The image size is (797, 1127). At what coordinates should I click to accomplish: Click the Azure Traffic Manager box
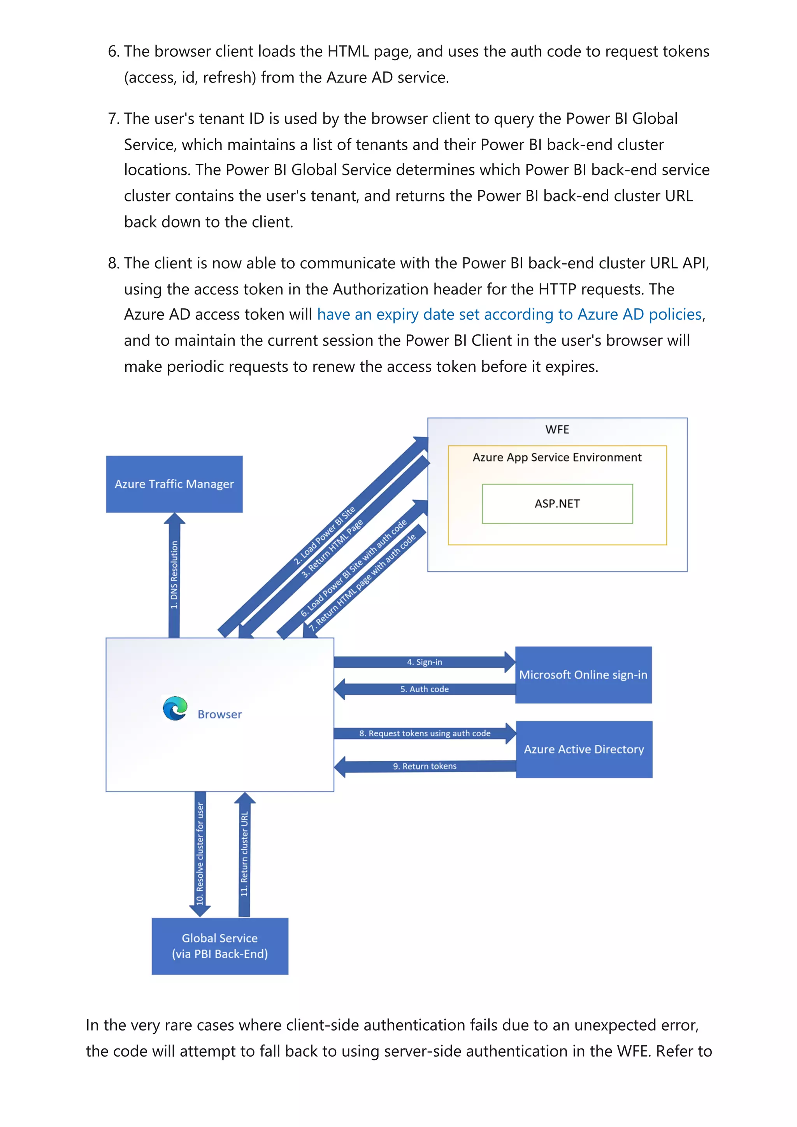tap(174, 484)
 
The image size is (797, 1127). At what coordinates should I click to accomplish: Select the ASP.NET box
tap(557, 504)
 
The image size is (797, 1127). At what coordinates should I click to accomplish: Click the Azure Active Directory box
tap(583, 749)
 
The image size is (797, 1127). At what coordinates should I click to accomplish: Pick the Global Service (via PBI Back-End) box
tap(219, 945)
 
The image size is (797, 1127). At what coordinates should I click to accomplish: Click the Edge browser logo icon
tap(175, 708)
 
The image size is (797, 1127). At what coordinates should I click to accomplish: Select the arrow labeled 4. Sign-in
tap(424, 661)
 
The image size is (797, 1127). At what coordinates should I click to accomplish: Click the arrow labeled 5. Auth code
tap(424, 689)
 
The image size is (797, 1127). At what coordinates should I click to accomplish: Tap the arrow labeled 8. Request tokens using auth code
tap(424, 733)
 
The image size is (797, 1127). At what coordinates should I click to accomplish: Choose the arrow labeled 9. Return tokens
tap(424, 766)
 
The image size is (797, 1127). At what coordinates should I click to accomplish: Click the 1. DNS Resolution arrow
tap(174, 574)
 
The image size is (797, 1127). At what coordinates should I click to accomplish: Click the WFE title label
tap(557, 429)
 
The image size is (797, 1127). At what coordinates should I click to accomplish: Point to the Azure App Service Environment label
tap(557, 457)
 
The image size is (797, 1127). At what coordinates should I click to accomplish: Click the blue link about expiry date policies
tap(509, 314)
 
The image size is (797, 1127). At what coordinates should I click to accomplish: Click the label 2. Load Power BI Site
tap(325, 535)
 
